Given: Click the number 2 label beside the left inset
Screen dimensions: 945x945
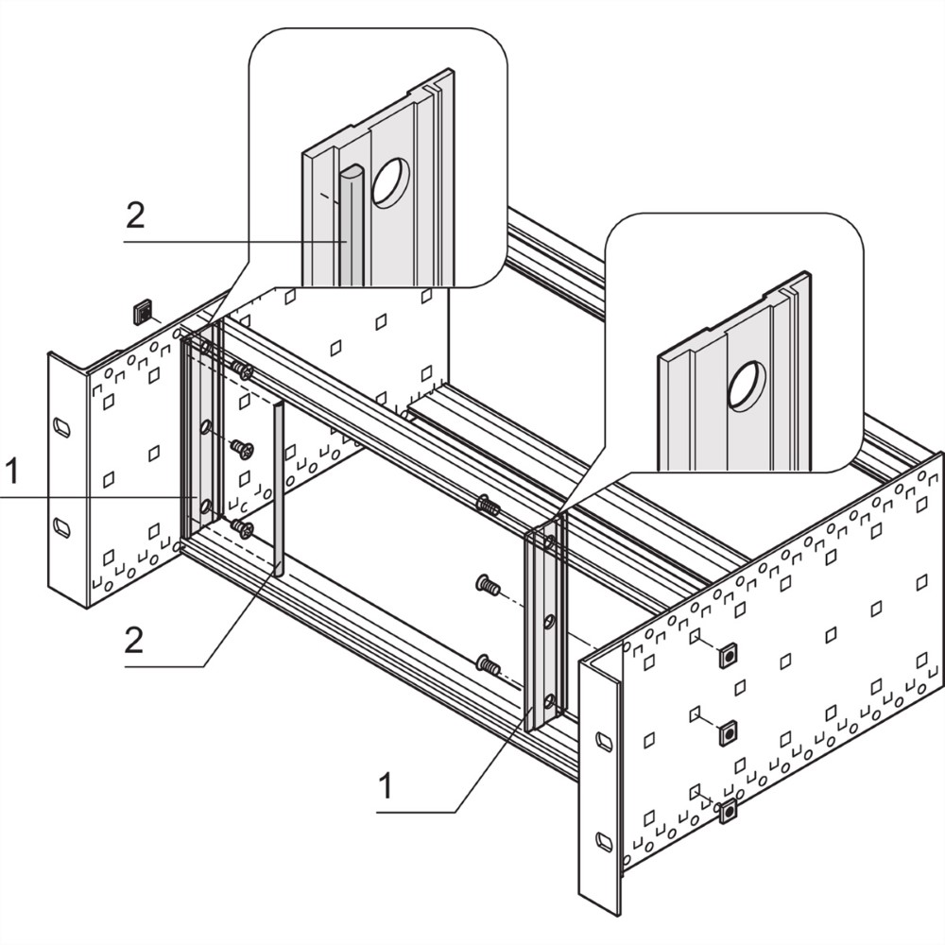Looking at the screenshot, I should (135, 216).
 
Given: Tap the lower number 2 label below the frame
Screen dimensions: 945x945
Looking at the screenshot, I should (134, 641).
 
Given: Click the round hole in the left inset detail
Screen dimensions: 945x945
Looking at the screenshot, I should (390, 182).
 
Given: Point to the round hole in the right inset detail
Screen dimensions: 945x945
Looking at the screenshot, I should (747, 385).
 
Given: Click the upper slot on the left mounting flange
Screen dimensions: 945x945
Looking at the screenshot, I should (61, 427).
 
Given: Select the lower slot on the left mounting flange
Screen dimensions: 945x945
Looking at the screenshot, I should (61, 527).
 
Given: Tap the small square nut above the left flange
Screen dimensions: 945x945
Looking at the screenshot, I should (143, 311).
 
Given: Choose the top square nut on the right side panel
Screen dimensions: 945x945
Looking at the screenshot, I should (727, 656).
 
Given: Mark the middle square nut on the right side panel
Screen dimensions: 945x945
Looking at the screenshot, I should (727, 732).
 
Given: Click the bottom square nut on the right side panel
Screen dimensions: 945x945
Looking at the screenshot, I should (727, 811).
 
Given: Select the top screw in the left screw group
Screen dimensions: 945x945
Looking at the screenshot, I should (244, 371).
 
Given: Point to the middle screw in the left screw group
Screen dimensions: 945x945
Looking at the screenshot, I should (242, 450).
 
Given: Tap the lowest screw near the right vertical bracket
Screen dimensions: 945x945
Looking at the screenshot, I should (488, 665).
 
